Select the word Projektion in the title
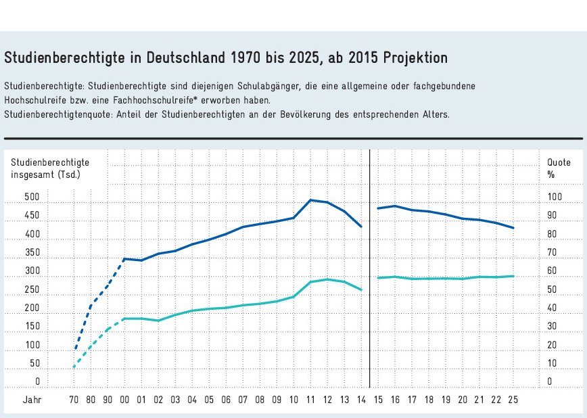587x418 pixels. tap(415, 57)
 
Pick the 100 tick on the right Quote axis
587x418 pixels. tap(554, 198)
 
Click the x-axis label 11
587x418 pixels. tap(310, 400)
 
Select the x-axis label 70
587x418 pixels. tap(74, 400)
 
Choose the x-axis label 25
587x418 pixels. tap(513, 400)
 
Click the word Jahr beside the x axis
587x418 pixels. tap(32, 400)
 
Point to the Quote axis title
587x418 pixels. tap(554, 162)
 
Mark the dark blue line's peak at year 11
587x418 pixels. tap(310, 200)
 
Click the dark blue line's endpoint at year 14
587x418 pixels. tap(362, 227)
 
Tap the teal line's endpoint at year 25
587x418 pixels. tap(513, 276)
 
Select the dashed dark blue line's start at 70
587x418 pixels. tap(74, 350)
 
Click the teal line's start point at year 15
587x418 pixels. tap(378, 277)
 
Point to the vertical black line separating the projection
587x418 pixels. tap(370, 271)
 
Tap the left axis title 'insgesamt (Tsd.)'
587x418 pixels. tap(45, 175)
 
